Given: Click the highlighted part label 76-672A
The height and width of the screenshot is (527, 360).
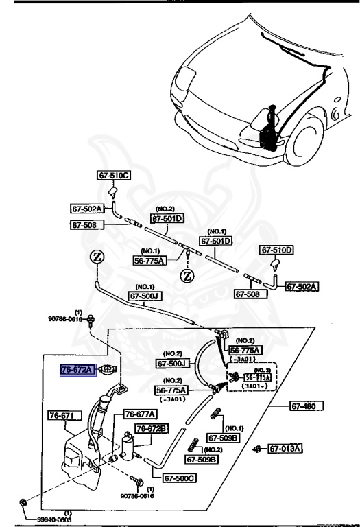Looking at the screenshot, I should pyautogui.click(x=77, y=370).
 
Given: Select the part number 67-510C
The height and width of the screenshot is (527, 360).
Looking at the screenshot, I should pyautogui.click(x=113, y=176).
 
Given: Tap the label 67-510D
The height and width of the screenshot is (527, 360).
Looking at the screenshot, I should pyautogui.click(x=276, y=250).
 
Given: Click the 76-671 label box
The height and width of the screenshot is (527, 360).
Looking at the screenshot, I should pyautogui.click(x=65, y=416).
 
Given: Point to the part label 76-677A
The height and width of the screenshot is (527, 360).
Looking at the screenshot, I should pyautogui.click(x=141, y=414).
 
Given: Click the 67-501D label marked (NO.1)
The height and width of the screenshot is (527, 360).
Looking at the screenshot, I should pyautogui.click(x=216, y=242).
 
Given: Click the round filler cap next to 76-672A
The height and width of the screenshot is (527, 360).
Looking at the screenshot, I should pyautogui.click(x=106, y=371).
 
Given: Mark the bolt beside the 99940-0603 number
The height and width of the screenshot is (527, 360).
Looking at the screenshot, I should pyautogui.click(x=24, y=502).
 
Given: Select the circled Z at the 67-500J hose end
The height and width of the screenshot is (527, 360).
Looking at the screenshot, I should pyautogui.click(x=97, y=258).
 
